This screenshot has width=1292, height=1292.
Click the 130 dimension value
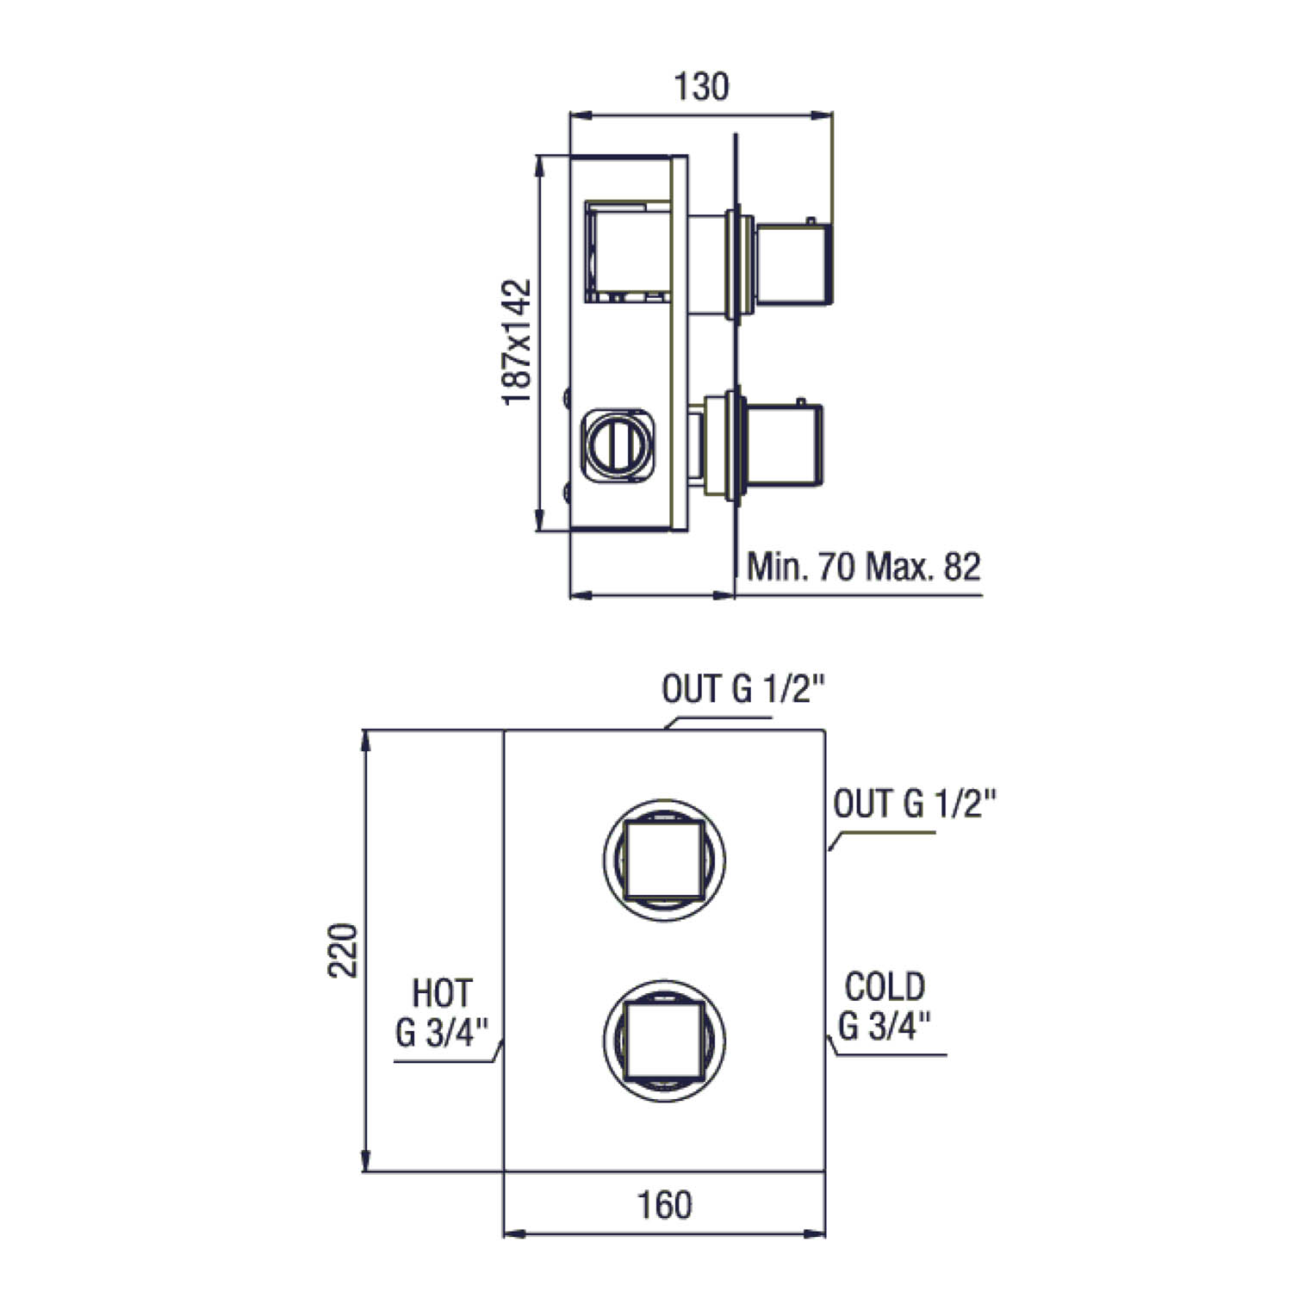pos(700,86)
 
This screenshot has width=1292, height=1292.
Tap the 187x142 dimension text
pos(517,343)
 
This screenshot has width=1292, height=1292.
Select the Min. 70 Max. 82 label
pos(864,567)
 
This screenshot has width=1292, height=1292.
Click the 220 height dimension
pos(344,950)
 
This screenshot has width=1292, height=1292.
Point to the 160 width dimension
pos(664,1205)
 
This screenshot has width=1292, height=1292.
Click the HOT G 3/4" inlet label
pos(443,1011)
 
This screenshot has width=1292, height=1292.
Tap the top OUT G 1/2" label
pos(743,689)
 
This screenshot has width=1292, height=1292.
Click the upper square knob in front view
pos(664,860)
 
